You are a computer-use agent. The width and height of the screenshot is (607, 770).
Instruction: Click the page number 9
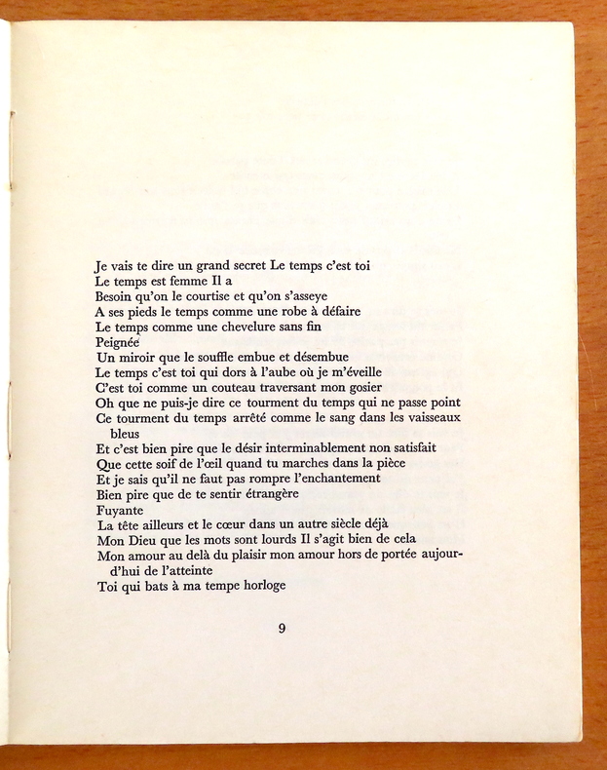282,629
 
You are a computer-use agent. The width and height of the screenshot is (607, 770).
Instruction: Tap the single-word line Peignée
118,342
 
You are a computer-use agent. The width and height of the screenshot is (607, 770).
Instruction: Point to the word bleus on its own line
127,433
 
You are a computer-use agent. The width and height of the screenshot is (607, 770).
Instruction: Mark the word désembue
315,357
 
